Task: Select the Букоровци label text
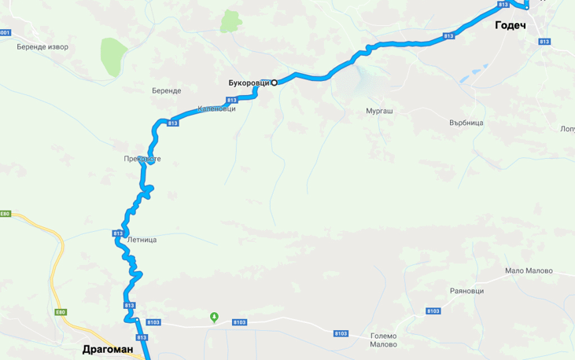point(249,83)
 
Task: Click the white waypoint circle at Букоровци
point(275,83)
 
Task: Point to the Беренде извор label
point(42,47)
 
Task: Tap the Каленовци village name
point(216,108)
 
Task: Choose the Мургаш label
point(380,112)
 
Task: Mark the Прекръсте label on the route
point(142,159)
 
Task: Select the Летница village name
point(141,240)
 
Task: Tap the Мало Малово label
point(529,271)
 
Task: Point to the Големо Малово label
point(383,340)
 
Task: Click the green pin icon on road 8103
point(214,317)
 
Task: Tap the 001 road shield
point(6,33)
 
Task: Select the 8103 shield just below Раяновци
point(433,312)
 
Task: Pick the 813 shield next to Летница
point(118,233)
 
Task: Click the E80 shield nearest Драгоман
point(61,312)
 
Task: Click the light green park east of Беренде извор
point(114,54)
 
